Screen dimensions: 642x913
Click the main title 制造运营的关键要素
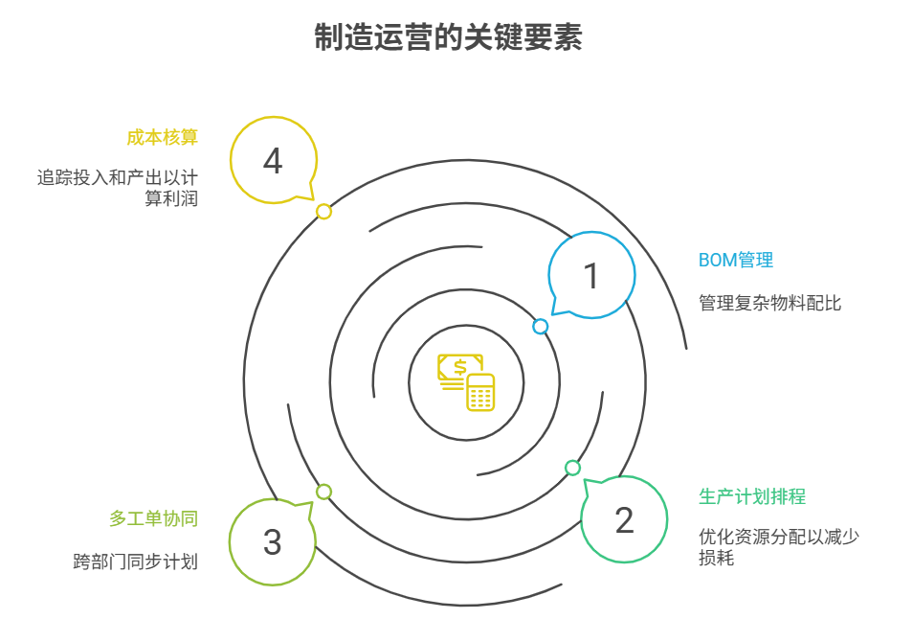(448, 38)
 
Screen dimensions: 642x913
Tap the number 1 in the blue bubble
(591, 276)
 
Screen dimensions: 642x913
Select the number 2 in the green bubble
(624, 520)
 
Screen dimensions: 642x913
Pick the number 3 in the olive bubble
(273, 542)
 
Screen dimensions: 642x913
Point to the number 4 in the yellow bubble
(273, 161)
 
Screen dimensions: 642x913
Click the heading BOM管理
(735, 260)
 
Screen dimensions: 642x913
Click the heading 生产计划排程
(752, 496)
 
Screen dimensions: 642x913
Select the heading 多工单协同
(153, 518)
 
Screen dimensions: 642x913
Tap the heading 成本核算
(162, 137)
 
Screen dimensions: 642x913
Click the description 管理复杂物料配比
(770, 304)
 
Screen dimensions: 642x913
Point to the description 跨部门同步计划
(135, 562)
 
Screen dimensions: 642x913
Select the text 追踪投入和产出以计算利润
(117, 189)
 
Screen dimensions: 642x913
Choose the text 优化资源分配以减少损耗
(778, 546)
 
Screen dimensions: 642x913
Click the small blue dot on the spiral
(541, 327)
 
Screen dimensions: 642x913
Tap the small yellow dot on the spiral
(324, 211)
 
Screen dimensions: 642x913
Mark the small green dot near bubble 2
(572, 468)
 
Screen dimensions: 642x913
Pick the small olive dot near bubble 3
(324, 492)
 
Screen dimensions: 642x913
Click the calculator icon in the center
(480, 393)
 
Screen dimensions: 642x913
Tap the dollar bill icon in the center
(457, 370)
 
